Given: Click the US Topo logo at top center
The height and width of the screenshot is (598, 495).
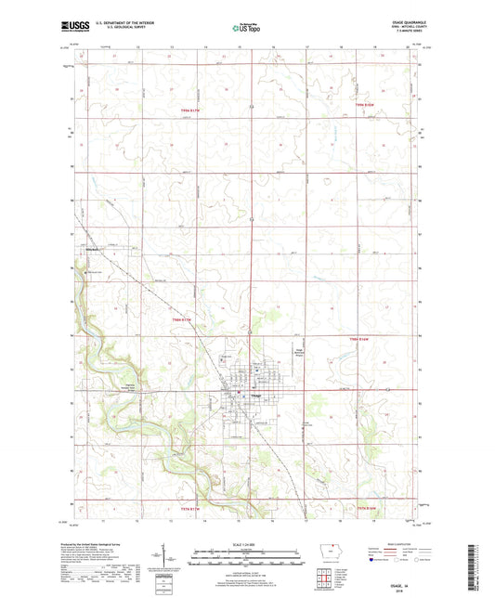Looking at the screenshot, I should tap(243, 29).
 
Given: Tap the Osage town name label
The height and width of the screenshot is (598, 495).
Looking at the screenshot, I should tap(254, 397).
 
